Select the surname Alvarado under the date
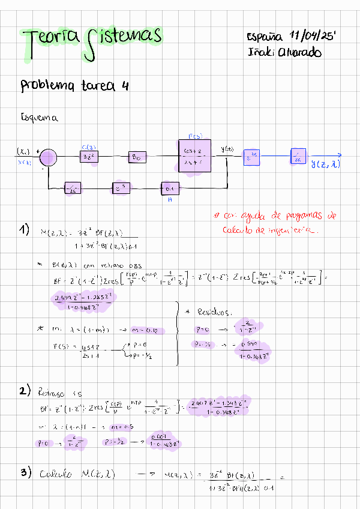298,52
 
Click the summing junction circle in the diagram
47,157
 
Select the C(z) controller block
88,157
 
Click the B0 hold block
136,157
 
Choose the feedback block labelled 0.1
170,188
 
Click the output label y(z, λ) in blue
325,163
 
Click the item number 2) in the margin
24,391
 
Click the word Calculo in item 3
56,474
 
